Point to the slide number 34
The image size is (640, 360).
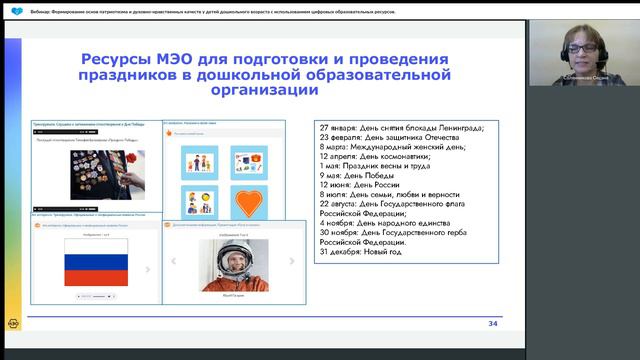click(492, 324)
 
